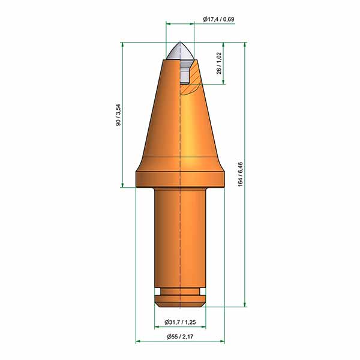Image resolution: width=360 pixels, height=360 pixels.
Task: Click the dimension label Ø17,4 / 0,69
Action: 218,19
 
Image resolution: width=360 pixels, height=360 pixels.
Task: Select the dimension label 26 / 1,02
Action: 219,64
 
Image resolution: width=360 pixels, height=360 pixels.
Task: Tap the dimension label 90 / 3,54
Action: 118,115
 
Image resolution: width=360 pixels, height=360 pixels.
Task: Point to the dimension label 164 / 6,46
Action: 241,174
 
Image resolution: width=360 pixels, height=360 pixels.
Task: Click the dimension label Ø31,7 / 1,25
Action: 180,322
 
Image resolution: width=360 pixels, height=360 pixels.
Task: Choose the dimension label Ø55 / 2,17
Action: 180,337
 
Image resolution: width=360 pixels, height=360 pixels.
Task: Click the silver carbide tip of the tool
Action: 180,51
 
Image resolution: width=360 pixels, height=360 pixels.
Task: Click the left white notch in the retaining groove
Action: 158,292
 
